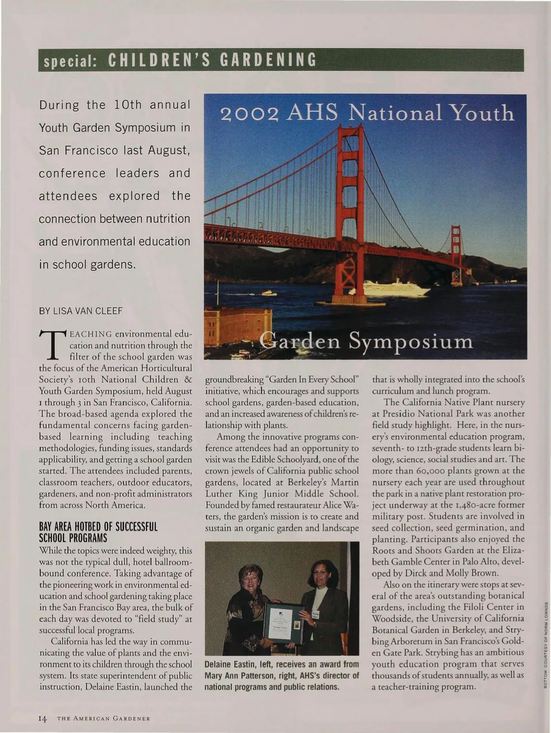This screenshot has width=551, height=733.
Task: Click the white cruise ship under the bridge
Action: [x=395, y=288]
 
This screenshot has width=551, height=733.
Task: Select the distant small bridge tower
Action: [x=456, y=253]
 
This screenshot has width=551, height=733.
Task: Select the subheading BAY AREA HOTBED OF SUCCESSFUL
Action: [x=98, y=527]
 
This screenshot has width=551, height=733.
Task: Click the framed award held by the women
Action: [x=284, y=623]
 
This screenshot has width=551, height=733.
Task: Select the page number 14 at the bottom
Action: [x=42, y=718]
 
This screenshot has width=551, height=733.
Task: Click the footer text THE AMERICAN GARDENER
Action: [x=103, y=719]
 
